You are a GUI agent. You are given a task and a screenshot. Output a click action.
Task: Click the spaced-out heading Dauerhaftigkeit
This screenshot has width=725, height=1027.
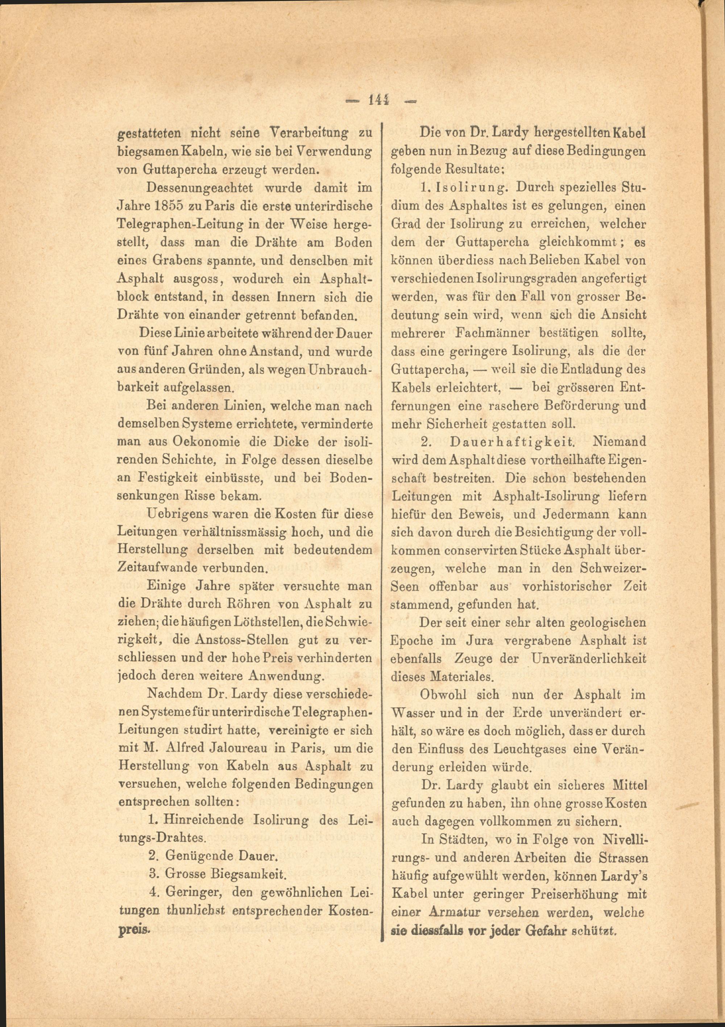511,442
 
